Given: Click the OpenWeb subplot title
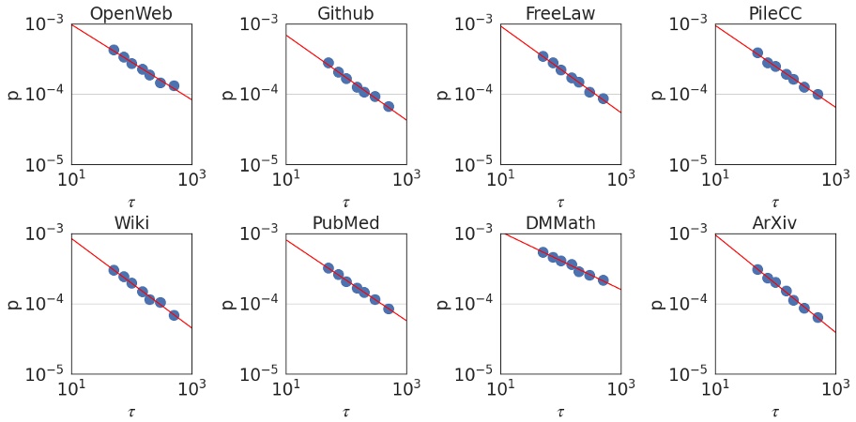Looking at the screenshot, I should (x=131, y=13).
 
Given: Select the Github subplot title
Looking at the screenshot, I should (x=345, y=13).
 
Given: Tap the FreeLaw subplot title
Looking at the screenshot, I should (x=560, y=13).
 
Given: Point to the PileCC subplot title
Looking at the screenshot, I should (x=774, y=13).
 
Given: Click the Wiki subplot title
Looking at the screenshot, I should (x=131, y=223).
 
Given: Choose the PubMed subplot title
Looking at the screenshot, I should (x=345, y=223).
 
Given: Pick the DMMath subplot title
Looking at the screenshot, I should (x=560, y=223).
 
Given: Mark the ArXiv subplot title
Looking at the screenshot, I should (x=774, y=223).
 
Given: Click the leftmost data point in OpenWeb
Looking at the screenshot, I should (x=114, y=50).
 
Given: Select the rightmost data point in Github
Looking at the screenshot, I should (x=389, y=106).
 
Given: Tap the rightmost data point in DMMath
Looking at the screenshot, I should (x=603, y=280).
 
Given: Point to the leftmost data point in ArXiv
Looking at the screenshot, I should (x=757, y=269).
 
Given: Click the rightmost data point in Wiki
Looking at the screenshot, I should (x=174, y=315).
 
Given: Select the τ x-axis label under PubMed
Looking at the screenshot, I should (x=345, y=412).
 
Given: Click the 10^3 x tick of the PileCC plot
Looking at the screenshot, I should (x=835, y=178).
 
